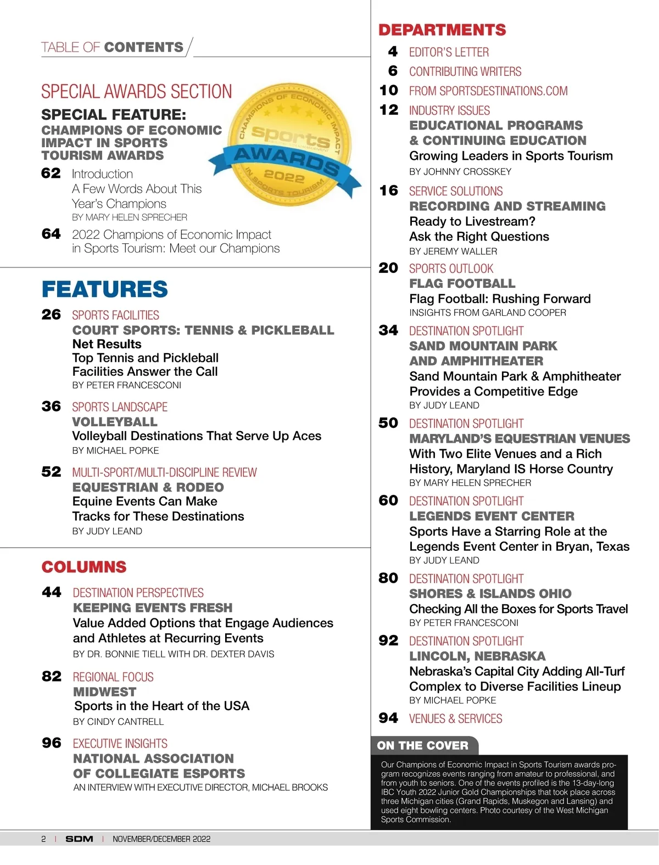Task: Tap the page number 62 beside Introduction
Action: click(x=51, y=174)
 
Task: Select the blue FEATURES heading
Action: click(x=105, y=289)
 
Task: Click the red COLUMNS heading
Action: click(x=84, y=567)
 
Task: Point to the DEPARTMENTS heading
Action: click(x=442, y=30)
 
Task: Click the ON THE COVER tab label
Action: click(x=422, y=745)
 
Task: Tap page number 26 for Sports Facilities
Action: click(x=51, y=315)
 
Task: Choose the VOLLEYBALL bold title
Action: click(x=115, y=422)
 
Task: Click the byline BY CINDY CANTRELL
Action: click(x=118, y=722)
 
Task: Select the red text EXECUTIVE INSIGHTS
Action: click(x=120, y=744)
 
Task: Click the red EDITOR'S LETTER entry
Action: click(x=449, y=52)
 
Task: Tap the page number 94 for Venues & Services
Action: click(x=388, y=718)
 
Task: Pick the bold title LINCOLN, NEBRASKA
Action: click(x=477, y=656)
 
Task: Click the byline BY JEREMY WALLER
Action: click(x=453, y=252)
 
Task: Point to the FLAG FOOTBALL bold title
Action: click(x=462, y=283)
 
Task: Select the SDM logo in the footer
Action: click(x=79, y=839)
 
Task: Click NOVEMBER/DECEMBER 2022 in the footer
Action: click(x=161, y=839)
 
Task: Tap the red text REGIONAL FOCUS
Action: click(x=113, y=677)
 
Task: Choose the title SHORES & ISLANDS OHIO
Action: click(x=490, y=594)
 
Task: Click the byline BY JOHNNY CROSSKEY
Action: click(x=460, y=172)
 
